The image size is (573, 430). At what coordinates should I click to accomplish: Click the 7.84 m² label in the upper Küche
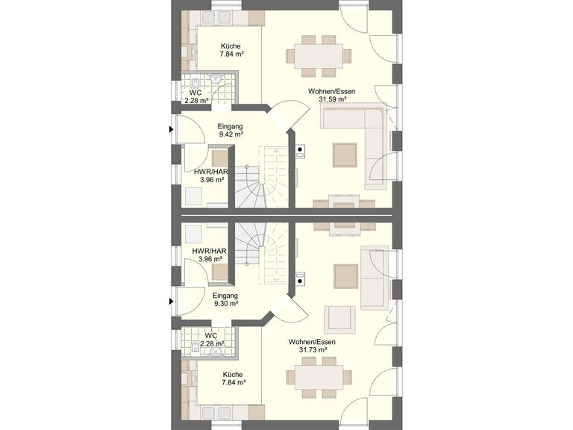[x=231, y=54]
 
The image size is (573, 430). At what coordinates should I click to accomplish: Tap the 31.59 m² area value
[x=332, y=99]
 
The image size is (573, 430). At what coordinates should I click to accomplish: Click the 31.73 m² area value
[x=313, y=350]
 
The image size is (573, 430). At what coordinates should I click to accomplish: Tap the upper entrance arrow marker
[x=171, y=129]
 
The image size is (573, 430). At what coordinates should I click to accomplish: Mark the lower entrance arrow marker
[x=171, y=302]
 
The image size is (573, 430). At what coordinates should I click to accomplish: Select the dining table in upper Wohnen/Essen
[x=319, y=56]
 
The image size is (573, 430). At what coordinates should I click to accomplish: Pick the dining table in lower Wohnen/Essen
[x=319, y=377]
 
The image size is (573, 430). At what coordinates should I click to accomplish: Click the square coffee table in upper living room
[x=345, y=155]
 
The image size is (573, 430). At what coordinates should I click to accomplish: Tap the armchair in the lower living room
[x=340, y=320]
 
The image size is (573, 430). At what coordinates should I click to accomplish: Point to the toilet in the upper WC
[x=195, y=83]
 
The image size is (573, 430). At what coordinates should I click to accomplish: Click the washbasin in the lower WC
[x=216, y=352]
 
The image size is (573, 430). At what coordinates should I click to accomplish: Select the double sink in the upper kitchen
[x=217, y=17]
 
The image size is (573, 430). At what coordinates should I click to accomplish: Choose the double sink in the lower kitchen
[x=217, y=412]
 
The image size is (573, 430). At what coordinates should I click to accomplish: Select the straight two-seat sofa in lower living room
[x=375, y=278]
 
